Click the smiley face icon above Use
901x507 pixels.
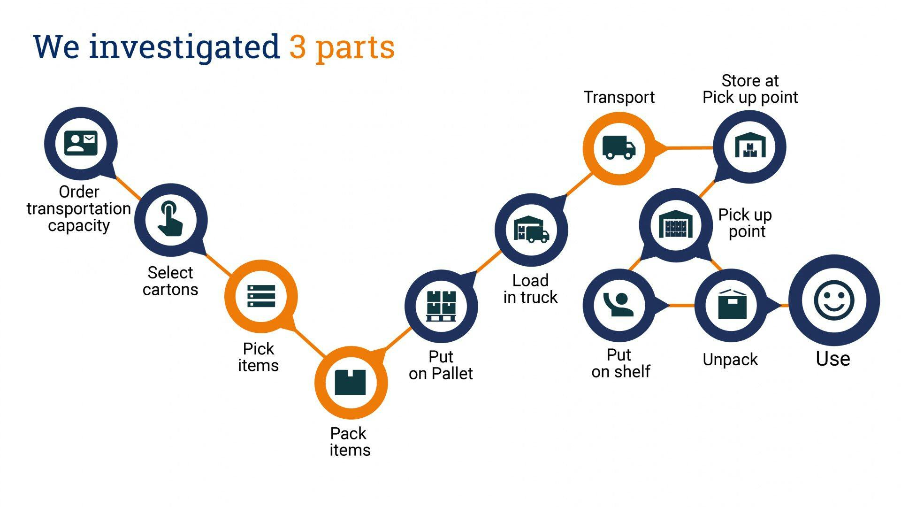pos(834,300)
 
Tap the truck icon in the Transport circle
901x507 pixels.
pos(618,147)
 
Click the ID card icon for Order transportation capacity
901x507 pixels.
pos(81,143)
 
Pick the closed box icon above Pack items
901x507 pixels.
pos(350,383)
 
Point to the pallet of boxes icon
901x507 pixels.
pos(441,306)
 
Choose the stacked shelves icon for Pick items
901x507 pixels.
pos(261,296)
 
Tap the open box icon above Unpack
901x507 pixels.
pos(732,305)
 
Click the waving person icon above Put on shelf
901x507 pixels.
pos(618,305)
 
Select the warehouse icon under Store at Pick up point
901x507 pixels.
pos(750,146)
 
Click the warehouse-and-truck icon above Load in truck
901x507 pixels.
pos(531,230)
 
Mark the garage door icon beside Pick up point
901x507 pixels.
pos(675,224)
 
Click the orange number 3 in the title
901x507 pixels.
pos(297,47)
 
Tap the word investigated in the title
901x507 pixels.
pos(184,47)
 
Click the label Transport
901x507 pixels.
pos(619,97)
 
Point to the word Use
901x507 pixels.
pos(833,359)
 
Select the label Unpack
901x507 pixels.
pos(730,360)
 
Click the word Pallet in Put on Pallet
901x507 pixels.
pos(452,374)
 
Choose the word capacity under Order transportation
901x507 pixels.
pos(79,226)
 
